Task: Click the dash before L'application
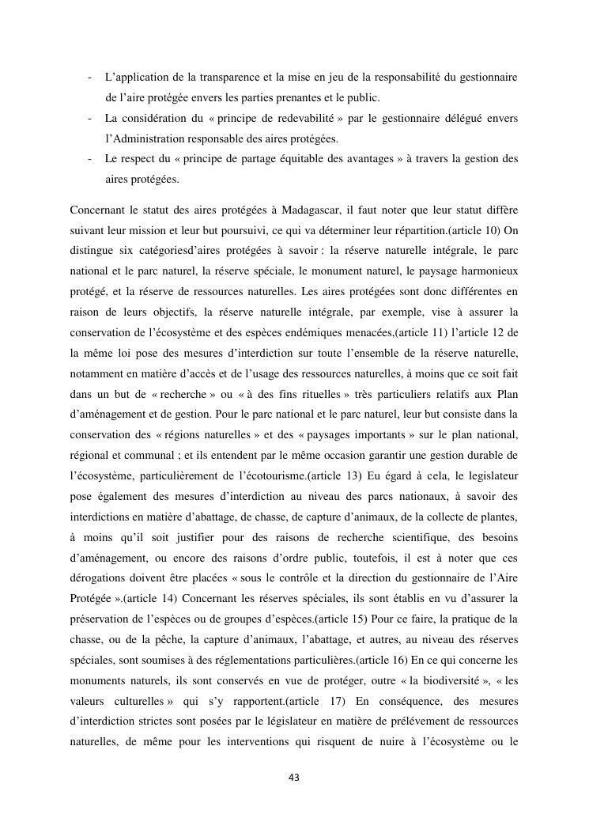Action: click(x=90, y=78)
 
